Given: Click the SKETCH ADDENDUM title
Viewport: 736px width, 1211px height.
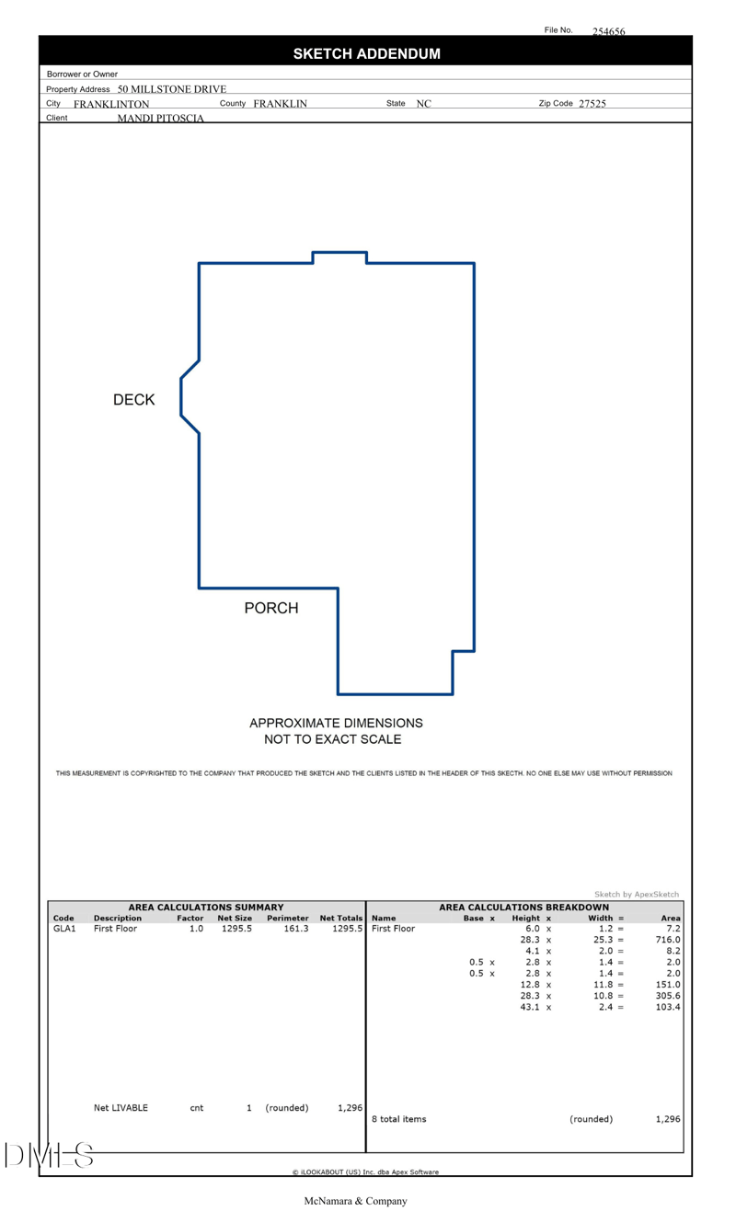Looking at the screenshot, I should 366,54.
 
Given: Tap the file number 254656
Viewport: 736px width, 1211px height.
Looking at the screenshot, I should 608,32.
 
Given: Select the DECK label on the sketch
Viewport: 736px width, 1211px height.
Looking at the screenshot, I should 133,400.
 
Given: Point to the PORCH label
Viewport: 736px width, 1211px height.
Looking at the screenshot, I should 271,609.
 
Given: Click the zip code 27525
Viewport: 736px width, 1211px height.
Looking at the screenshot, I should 592,104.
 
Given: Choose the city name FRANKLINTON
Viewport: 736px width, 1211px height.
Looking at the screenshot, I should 111,105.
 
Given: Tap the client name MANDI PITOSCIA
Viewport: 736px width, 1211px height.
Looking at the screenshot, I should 160,119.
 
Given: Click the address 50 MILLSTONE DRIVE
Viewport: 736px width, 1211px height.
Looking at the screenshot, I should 172,89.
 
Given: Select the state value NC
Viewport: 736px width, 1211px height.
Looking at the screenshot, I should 423,104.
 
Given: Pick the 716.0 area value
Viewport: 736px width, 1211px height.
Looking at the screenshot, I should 667,941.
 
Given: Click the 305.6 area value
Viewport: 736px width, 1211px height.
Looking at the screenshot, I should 667,996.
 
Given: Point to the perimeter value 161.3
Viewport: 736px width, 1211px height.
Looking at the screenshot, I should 296,930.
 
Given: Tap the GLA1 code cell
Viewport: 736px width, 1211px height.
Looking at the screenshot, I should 64,930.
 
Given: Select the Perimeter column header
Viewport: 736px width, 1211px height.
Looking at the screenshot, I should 287,919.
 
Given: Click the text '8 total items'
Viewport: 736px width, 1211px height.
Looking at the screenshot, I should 398,1119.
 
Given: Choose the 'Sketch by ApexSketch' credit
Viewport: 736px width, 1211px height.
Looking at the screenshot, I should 637,895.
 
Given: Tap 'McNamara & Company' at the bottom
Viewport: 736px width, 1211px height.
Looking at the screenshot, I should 355,1201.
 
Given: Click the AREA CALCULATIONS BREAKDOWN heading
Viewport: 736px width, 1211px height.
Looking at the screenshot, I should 523,908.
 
